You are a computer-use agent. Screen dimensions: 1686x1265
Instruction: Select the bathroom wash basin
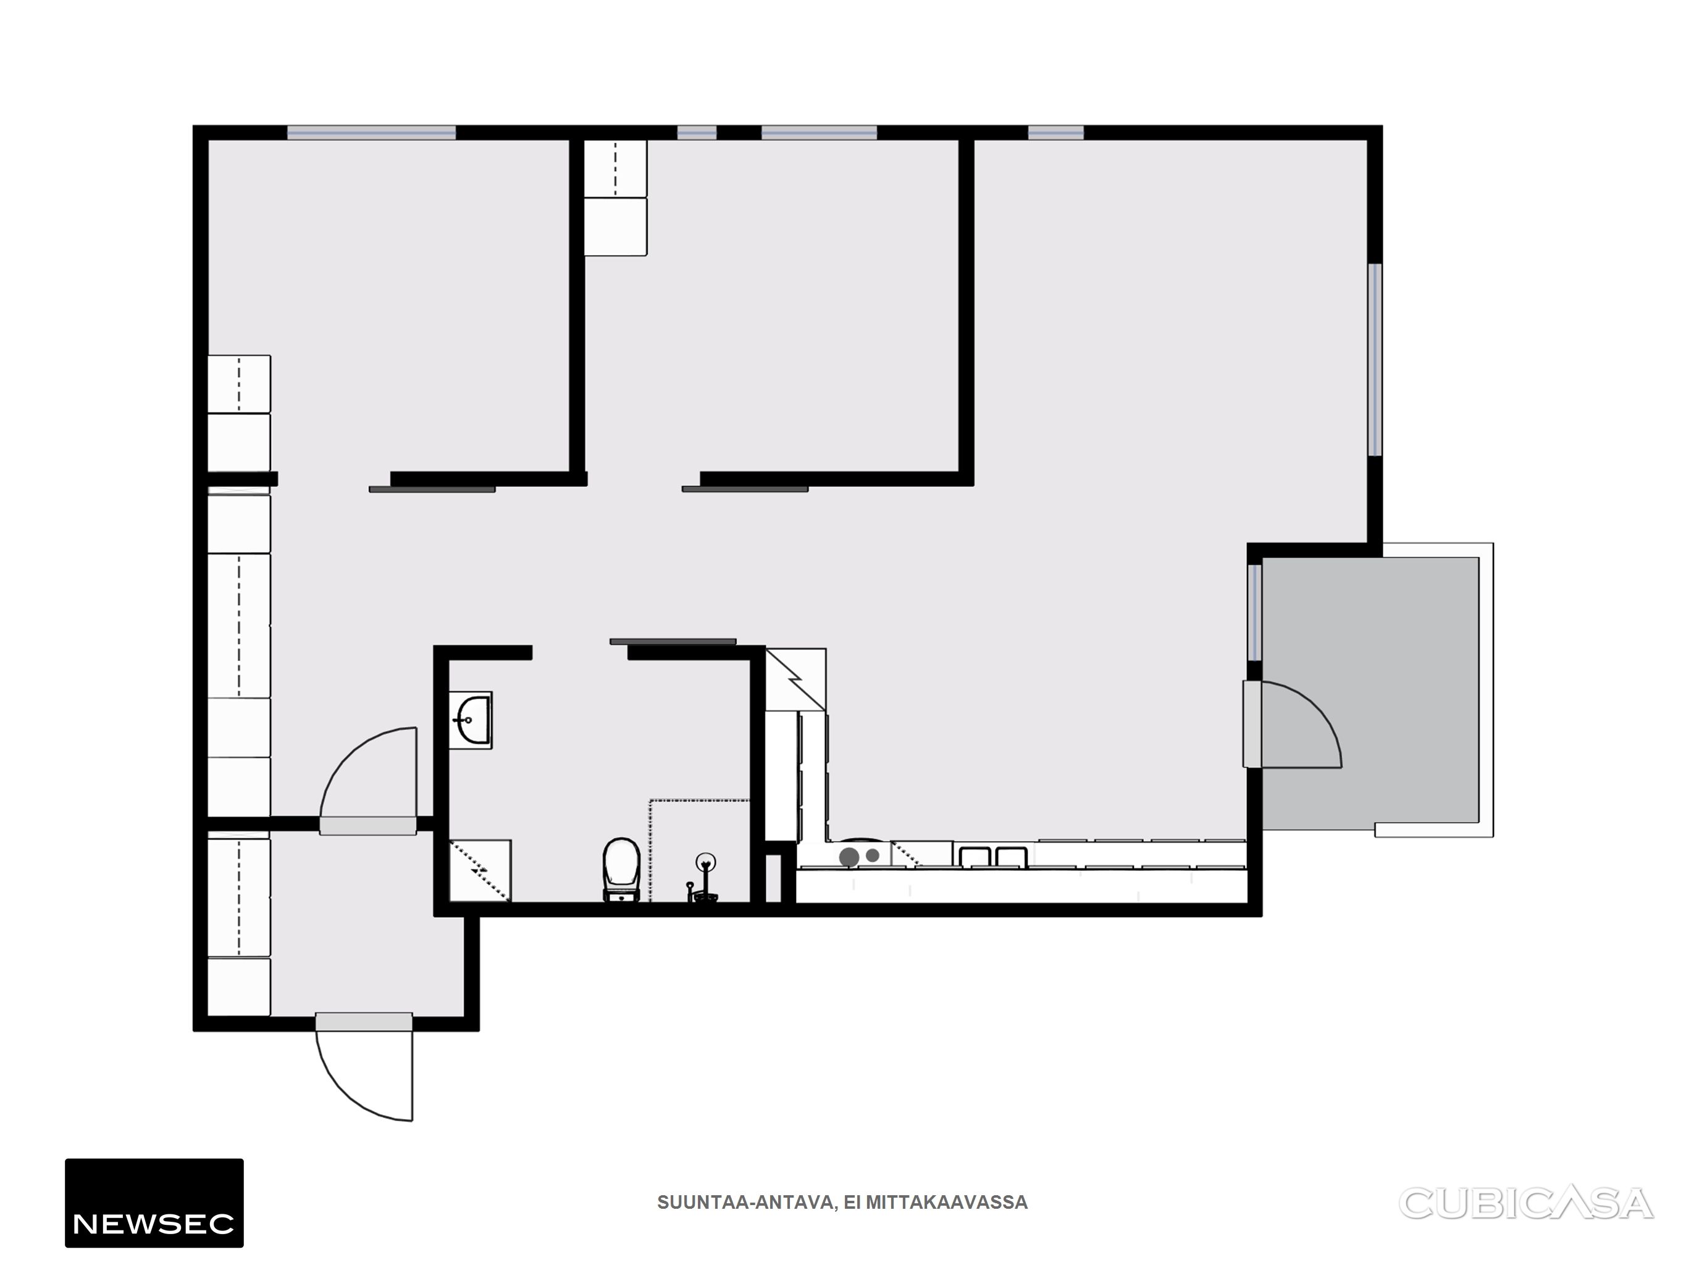[x=470, y=720]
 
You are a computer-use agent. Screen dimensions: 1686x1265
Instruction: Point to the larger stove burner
[x=849, y=857]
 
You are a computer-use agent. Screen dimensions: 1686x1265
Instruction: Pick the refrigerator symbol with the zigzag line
[x=795, y=679]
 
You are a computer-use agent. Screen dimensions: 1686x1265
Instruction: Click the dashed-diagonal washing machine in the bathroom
[x=480, y=871]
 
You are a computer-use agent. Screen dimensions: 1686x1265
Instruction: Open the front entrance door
[x=364, y=1067]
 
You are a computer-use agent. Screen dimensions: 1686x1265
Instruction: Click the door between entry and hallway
[x=368, y=781]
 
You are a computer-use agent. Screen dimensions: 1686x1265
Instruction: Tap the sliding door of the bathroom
[x=673, y=641]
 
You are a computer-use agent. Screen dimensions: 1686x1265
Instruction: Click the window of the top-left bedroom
[x=371, y=133]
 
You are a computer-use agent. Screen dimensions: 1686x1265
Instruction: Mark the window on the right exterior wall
[x=1375, y=360]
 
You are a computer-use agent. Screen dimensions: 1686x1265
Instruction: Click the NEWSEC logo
[x=154, y=1203]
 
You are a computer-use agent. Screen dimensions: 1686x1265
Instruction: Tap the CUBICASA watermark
[x=1526, y=1204]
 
